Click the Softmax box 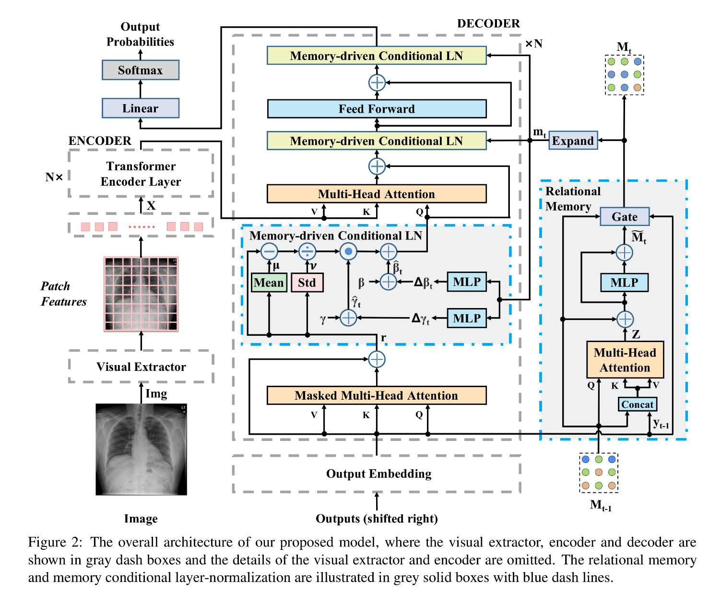[140, 70]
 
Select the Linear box [140, 108]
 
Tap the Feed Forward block [377, 109]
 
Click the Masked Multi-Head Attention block [377, 395]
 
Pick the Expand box [573, 140]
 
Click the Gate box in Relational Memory [625, 216]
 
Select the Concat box [637, 404]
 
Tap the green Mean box [269, 282]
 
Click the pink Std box [307, 282]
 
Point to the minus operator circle [269, 252]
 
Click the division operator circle [307, 252]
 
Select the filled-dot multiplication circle [348, 252]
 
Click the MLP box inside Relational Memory [624, 282]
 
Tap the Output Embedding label [378, 474]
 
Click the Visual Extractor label [141, 367]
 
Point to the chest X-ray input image [141, 450]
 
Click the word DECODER [488, 24]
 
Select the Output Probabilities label [140, 34]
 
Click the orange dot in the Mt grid [638, 88]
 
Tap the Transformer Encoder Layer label [141, 174]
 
